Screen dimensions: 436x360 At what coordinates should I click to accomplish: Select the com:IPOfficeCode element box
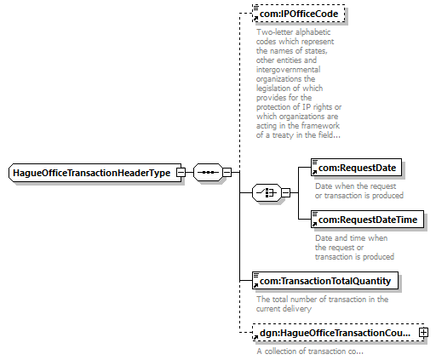pos(299,14)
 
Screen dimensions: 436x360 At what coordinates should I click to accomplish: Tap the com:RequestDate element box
pos(356,168)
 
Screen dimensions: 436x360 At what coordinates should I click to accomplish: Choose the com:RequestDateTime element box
pos(367,220)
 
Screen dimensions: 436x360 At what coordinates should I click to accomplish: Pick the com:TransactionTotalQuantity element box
pos(325,281)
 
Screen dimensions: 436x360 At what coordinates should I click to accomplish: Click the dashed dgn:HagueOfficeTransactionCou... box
pos(340,333)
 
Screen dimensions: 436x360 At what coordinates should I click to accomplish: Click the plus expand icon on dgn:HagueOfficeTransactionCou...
pos(423,333)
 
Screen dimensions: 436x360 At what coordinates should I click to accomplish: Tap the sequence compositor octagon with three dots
pos(208,172)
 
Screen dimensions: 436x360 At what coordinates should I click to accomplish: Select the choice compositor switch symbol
pos(267,193)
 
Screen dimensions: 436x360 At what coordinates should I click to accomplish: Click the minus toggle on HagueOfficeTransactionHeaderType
pos(181,173)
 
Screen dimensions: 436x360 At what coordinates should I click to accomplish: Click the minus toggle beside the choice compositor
pos(285,193)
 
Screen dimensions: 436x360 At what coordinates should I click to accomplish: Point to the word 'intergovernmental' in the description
pos(288,70)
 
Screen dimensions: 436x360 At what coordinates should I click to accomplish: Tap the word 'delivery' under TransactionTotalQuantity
pos(298,309)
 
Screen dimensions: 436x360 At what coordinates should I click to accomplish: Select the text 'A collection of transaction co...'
pos(310,351)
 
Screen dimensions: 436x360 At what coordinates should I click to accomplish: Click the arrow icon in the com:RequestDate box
pos(314,172)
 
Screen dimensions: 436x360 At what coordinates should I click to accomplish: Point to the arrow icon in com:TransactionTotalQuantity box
pos(255,285)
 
